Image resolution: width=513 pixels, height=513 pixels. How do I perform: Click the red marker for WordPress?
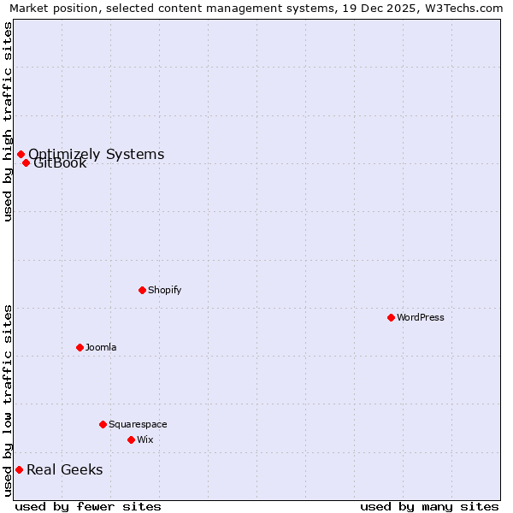pyautogui.click(x=391, y=317)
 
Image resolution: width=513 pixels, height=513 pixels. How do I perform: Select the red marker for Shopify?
pyautogui.click(x=142, y=290)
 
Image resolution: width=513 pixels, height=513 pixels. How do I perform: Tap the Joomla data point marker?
pyautogui.click(x=80, y=347)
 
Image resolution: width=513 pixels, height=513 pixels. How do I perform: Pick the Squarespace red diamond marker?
pyautogui.click(x=103, y=424)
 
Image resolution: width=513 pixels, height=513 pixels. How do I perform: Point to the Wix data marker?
pyautogui.click(x=131, y=439)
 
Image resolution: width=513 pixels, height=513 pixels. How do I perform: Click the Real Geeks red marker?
pyautogui.click(x=19, y=469)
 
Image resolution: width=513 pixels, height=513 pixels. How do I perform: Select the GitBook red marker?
pyautogui.click(x=27, y=162)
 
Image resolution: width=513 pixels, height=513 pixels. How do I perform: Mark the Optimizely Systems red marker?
pyautogui.click(x=21, y=154)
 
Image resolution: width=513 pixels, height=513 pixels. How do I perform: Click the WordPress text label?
pyautogui.click(x=421, y=317)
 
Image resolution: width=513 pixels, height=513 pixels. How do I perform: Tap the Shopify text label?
pyautogui.click(x=165, y=290)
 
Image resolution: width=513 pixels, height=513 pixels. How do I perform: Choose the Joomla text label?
pyautogui.click(x=101, y=347)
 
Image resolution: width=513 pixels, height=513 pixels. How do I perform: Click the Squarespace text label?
pyautogui.click(x=138, y=424)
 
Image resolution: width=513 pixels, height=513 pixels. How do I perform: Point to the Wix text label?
pyautogui.click(x=145, y=439)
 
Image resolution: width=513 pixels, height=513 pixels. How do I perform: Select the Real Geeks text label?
pyautogui.click(x=65, y=469)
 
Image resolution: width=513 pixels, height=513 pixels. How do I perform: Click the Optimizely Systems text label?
pyautogui.click(x=97, y=154)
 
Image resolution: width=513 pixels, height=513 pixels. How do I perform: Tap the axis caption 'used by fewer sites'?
pyautogui.click(x=88, y=506)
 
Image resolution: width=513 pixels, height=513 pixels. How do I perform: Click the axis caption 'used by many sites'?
pyautogui.click(x=429, y=506)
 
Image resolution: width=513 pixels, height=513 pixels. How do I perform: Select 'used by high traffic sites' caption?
pyautogui.click(x=8, y=121)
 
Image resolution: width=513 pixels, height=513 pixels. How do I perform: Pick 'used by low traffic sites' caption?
pyautogui.click(x=8, y=400)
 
